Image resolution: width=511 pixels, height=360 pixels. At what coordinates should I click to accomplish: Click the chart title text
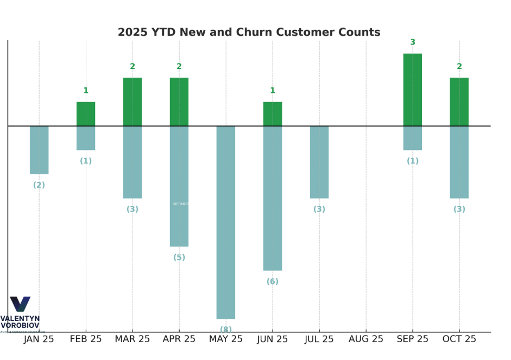coord(249,32)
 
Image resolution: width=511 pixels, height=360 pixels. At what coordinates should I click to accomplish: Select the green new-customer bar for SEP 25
coord(412,90)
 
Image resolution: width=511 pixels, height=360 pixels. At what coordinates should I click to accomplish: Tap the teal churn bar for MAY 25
coord(225,222)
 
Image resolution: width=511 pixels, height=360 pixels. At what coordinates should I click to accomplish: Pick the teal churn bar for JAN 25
coord(39,150)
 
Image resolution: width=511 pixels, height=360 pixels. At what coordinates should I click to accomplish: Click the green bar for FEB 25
coord(86,114)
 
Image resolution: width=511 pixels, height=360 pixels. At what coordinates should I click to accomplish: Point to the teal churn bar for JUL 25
coord(319,162)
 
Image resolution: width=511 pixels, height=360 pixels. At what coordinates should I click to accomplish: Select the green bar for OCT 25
coord(459,102)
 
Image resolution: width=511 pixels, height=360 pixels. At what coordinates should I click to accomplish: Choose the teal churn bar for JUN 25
coord(273,198)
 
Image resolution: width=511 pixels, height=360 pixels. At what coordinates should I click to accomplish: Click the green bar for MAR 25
coord(133,102)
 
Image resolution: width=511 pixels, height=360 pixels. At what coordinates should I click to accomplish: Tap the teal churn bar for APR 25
coord(179,186)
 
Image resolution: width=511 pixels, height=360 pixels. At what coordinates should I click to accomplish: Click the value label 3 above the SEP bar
coord(413,42)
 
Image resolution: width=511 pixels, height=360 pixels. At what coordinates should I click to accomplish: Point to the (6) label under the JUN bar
coord(273,282)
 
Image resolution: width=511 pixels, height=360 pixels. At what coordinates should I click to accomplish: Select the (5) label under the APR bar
coord(179,257)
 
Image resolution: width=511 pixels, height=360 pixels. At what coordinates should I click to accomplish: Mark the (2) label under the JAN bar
coord(39,185)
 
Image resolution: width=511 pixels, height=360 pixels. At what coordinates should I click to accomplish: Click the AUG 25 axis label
coord(366,339)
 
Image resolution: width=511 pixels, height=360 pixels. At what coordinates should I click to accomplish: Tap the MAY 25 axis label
coord(225,339)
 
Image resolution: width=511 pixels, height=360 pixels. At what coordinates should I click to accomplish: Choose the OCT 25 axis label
coord(459,339)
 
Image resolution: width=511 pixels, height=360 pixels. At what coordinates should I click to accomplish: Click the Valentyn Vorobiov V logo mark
coord(20,304)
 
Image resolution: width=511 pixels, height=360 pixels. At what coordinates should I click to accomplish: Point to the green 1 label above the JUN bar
coord(273,91)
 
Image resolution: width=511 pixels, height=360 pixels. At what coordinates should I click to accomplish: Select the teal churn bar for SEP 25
coord(412,138)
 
